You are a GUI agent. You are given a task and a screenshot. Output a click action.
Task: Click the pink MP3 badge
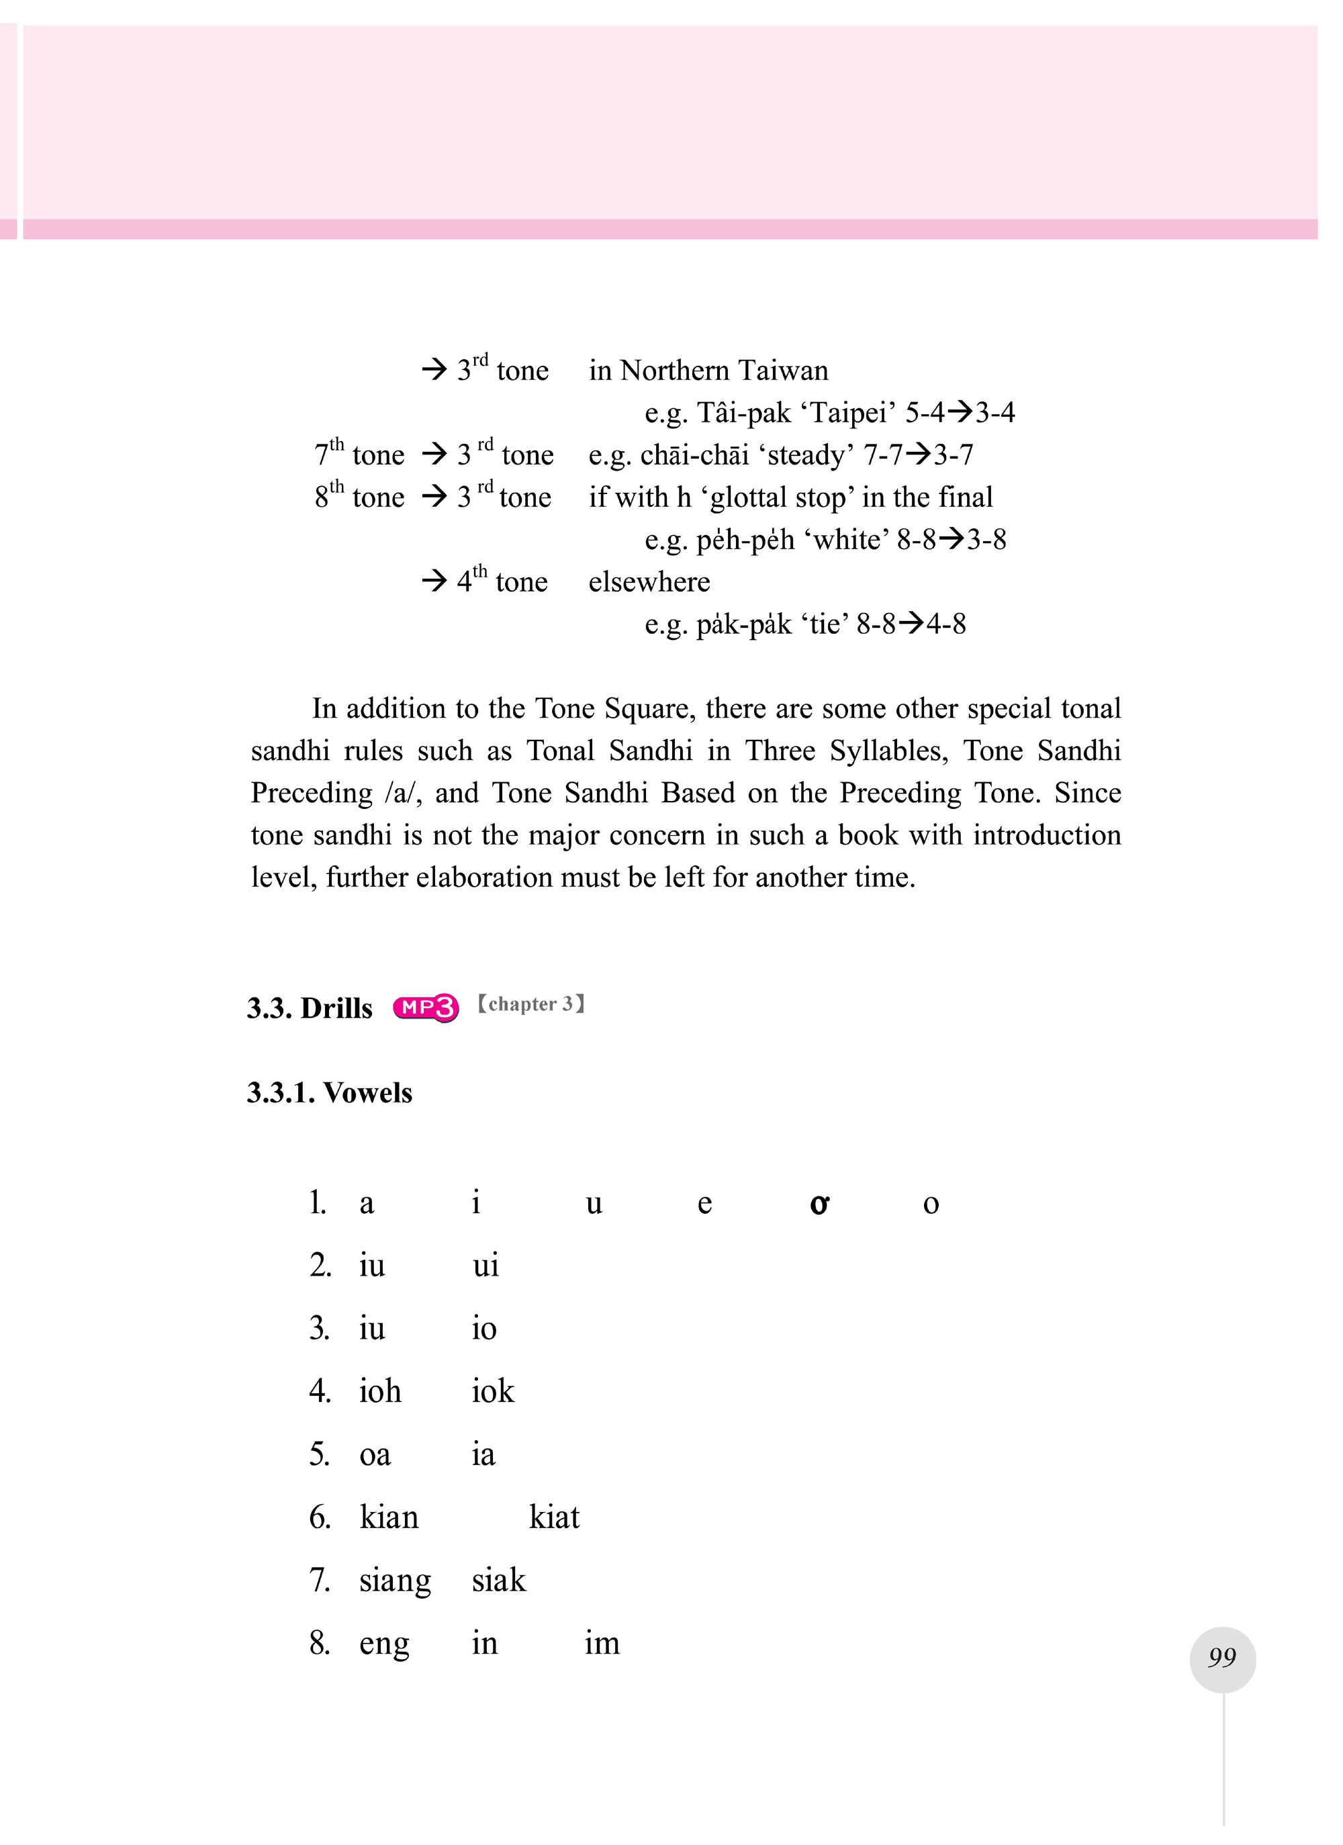426,1007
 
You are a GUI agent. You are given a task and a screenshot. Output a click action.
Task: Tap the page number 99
1222,1657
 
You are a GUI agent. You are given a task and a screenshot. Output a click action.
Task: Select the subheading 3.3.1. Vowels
330,1092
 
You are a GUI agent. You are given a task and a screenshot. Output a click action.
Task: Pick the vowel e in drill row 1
704,1203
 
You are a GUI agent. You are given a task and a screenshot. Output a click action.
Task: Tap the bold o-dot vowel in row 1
819,1203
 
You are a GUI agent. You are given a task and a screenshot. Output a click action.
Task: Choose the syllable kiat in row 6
554,1517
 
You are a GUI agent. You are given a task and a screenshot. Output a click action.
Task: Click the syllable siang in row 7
395,1580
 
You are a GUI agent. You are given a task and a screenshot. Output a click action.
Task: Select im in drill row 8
602,1644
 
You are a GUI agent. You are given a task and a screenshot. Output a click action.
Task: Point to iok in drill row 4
493,1391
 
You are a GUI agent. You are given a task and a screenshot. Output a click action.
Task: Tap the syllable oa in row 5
375,1454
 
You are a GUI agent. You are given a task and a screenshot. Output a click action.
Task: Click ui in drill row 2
485,1266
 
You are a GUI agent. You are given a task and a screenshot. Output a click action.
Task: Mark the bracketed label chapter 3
530,1004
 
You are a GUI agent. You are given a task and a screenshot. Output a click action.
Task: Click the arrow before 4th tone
434,580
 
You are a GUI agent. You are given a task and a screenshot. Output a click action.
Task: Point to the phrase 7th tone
359,454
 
